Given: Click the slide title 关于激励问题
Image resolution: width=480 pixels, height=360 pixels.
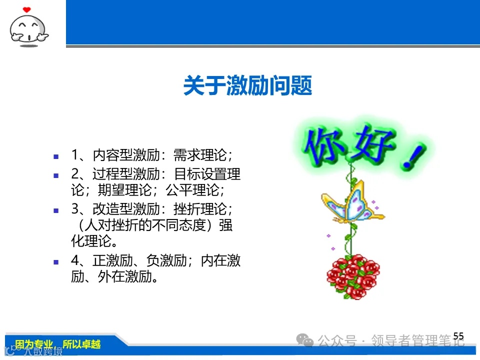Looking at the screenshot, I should pos(247,86).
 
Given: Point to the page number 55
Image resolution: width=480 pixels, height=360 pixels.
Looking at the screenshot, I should pos(458,336).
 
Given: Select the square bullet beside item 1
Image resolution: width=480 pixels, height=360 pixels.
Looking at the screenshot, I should pos(56,156).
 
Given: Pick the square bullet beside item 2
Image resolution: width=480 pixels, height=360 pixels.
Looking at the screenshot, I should pos(56,175).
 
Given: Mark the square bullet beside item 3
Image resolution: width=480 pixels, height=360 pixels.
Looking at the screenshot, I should pos(56,210).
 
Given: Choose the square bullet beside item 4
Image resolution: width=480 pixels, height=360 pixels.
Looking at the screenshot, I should pos(56,262).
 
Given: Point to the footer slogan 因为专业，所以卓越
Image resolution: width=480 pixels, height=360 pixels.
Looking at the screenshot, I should pos(57,344).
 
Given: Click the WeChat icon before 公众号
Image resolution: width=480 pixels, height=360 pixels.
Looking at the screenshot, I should pos(304,341).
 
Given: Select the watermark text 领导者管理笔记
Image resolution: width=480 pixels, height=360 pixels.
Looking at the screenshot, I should pos(417,341).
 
